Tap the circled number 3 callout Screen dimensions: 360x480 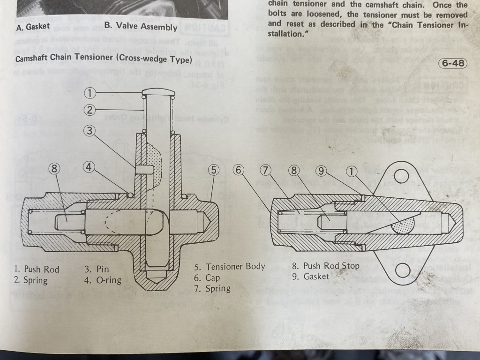click(90, 131)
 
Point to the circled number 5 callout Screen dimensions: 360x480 click(214, 170)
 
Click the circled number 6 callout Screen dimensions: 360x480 click(239, 170)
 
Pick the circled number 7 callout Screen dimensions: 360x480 click(266, 170)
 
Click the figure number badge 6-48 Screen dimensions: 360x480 click(452, 63)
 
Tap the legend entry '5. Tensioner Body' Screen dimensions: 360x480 click(230, 267)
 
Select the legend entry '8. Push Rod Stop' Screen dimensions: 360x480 click(325, 266)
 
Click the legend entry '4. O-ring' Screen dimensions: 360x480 click(103, 280)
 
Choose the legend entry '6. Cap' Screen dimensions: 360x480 click(207, 277)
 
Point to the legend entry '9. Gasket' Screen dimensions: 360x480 click(310, 277)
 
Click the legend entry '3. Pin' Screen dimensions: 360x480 click(96, 270)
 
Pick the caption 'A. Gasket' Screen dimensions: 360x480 click(32, 27)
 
